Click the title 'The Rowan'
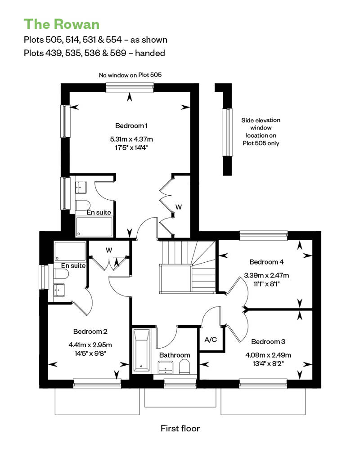click(62, 24)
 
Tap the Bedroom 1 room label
click(131, 125)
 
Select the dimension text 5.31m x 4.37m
click(131, 139)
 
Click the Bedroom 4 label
click(266, 262)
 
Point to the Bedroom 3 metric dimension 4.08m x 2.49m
click(268, 355)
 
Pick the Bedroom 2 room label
click(90, 332)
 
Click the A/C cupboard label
click(211, 340)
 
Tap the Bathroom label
click(175, 355)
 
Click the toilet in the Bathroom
click(184, 367)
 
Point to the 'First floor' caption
click(180, 428)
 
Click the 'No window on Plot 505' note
click(130, 75)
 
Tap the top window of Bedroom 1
click(130, 88)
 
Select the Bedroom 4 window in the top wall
click(264, 235)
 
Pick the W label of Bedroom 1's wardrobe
click(178, 207)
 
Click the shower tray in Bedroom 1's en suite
click(94, 227)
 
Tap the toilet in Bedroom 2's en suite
click(61, 274)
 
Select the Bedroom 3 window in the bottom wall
click(263, 384)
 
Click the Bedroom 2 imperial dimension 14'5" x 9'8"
click(90, 354)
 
